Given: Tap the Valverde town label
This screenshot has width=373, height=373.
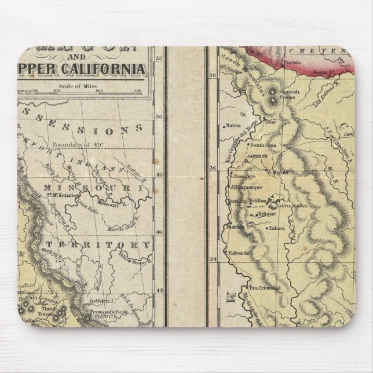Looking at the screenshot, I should tap(239, 253).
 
